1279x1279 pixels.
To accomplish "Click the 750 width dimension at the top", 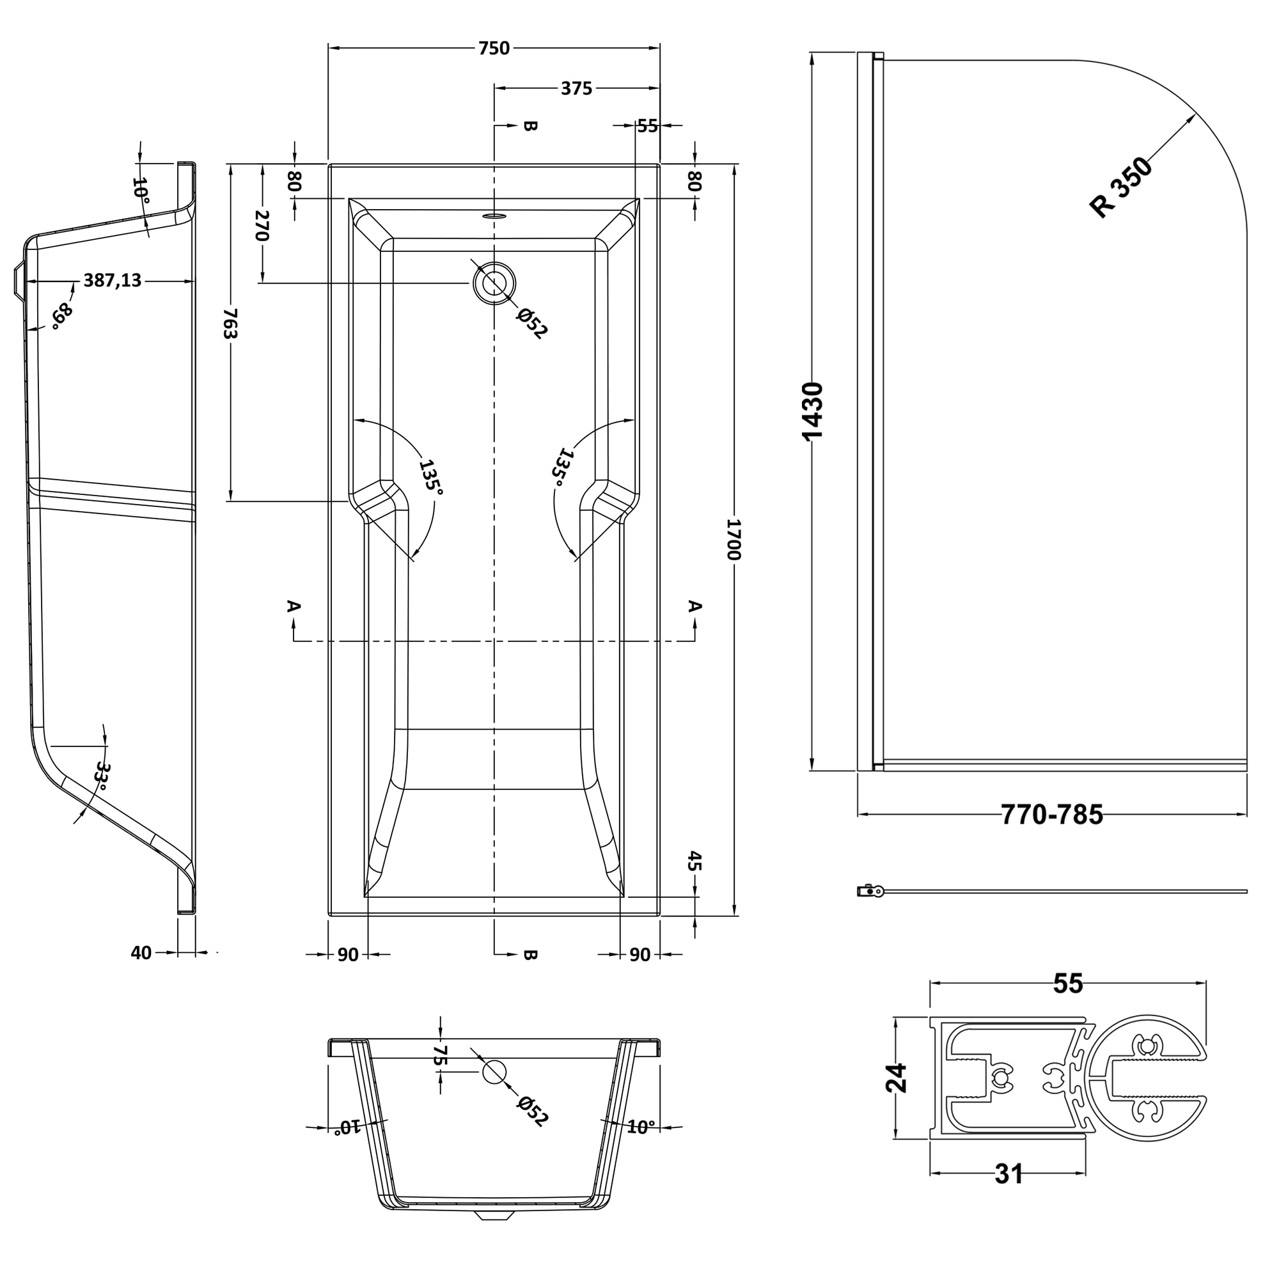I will pyautogui.click(x=494, y=49).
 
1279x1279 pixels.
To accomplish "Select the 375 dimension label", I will pyautogui.click(x=577, y=88).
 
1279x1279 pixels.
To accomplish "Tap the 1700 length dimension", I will pyautogui.click(x=734, y=540).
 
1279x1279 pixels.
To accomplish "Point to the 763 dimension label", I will pyautogui.click(x=230, y=322).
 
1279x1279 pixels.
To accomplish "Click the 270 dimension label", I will pyautogui.click(x=262, y=226).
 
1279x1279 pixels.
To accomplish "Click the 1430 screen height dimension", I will pyautogui.click(x=812, y=411).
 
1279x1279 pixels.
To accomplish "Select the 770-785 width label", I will pyautogui.click(x=1051, y=815).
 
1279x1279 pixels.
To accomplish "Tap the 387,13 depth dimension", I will pyautogui.click(x=113, y=281).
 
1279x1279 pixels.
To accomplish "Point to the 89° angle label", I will pyautogui.click(x=62, y=316).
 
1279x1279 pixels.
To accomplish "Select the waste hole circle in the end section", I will pyautogui.click(x=494, y=1072).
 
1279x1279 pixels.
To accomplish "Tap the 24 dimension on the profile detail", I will pyautogui.click(x=897, y=1078).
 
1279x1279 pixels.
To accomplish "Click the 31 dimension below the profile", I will pyautogui.click(x=1008, y=1174).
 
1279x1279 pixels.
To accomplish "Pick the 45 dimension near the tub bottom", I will pyautogui.click(x=694, y=861).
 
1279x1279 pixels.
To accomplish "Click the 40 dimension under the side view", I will pyautogui.click(x=141, y=953).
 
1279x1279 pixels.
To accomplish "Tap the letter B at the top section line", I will pyautogui.click(x=530, y=126).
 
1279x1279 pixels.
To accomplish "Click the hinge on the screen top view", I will pyautogui.click(x=870, y=891).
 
